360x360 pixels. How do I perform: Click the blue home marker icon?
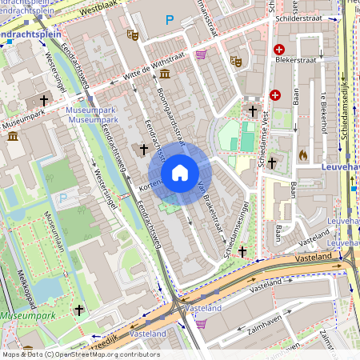point(180,173)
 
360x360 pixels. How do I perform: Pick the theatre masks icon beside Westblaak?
point(132,34)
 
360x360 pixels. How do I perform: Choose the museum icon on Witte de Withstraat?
point(165,74)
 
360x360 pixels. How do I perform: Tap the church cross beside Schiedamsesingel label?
point(242,251)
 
